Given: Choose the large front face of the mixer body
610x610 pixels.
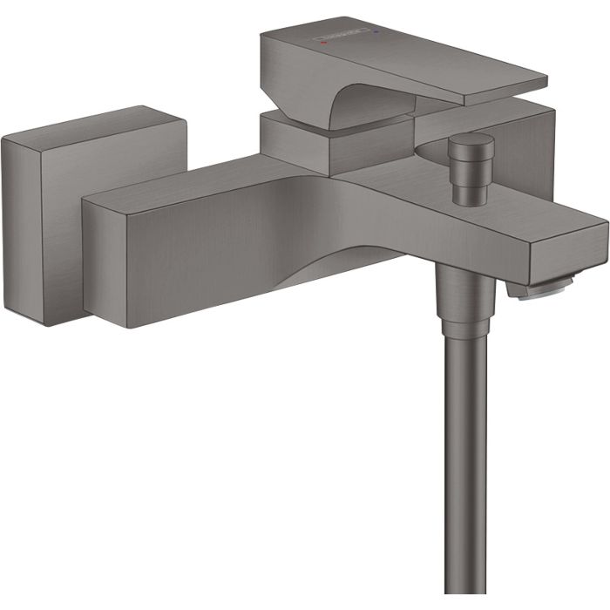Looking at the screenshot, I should [200, 248].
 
